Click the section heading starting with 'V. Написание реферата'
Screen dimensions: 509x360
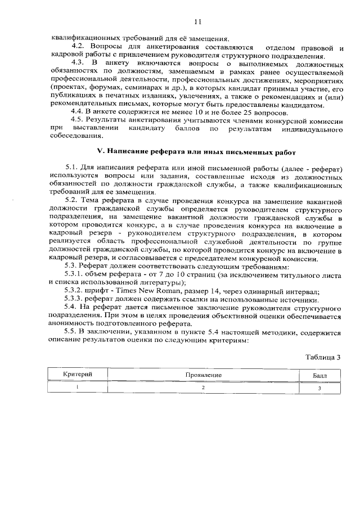point(196,152)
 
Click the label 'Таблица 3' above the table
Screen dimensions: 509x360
point(323,357)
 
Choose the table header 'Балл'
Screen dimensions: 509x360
point(319,375)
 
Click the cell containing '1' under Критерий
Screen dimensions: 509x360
point(77,387)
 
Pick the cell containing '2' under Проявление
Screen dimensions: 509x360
point(204,388)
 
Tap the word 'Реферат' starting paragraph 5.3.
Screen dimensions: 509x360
point(92,266)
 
